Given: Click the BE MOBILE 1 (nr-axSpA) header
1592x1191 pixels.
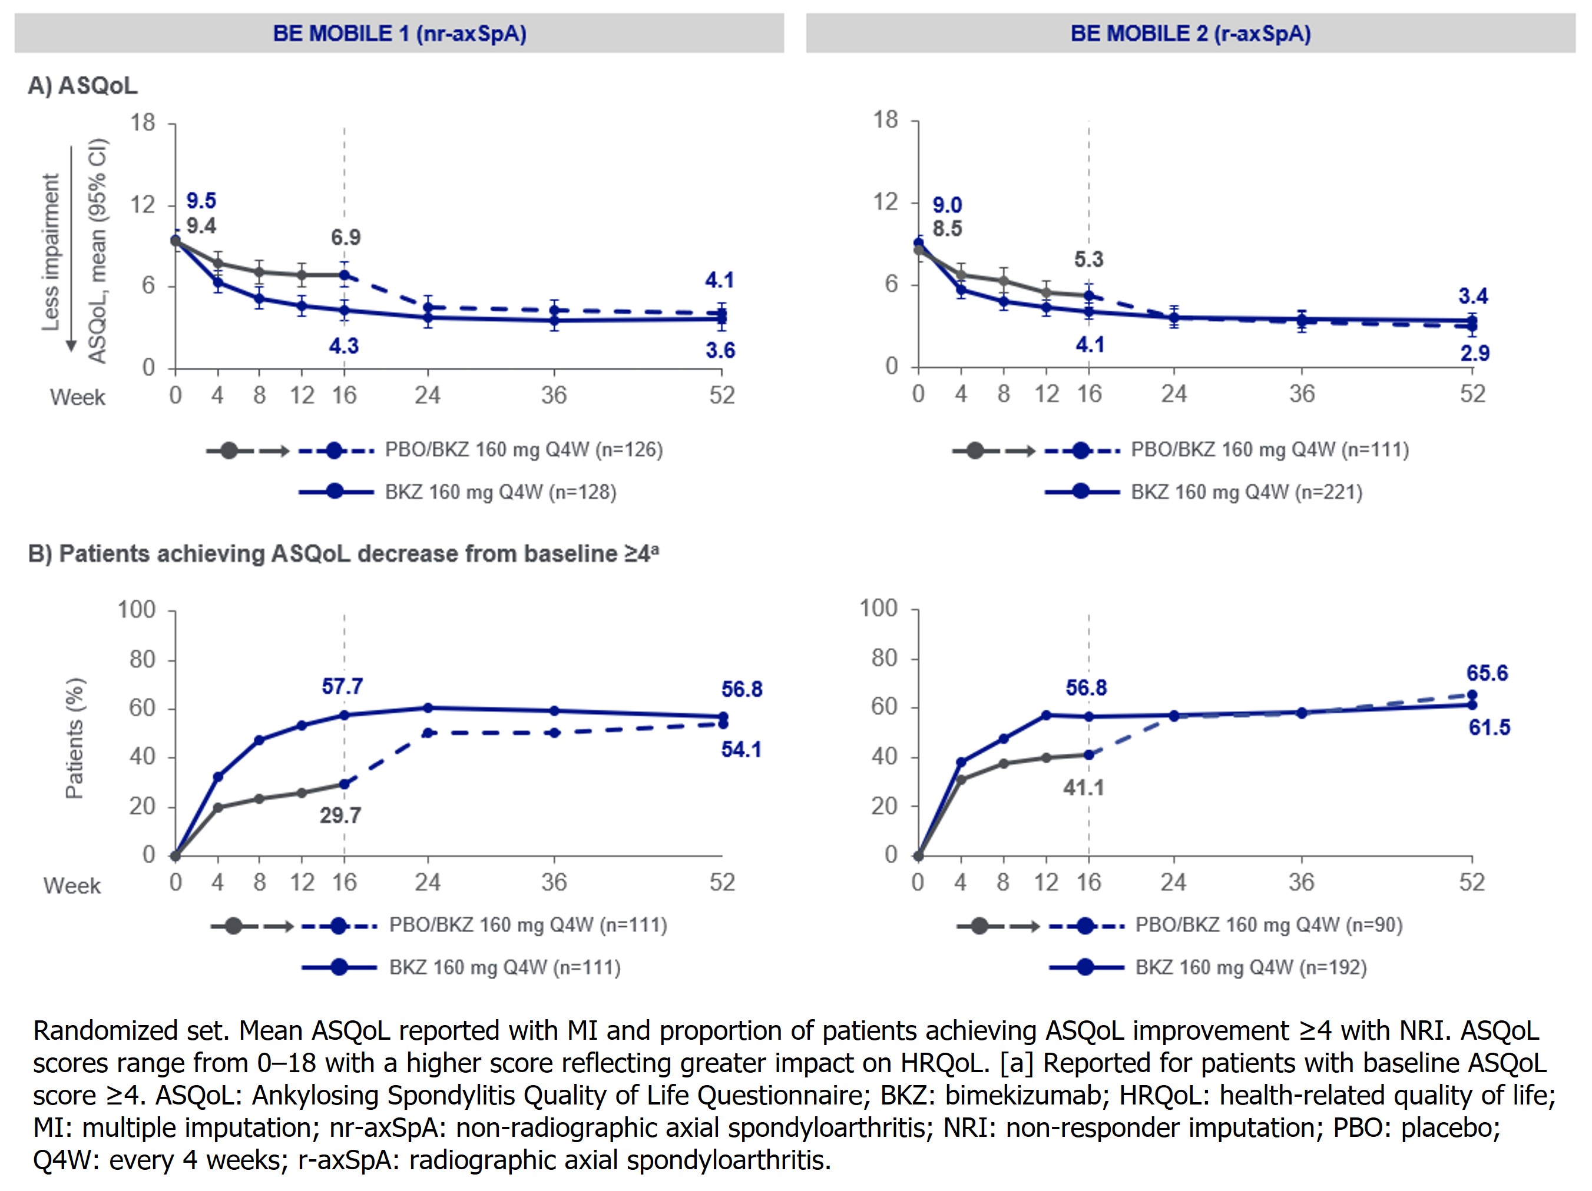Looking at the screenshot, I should pyautogui.click(x=399, y=34).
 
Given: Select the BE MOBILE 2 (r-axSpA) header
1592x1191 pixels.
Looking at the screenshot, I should pyautogui.click(x=1190, y=34).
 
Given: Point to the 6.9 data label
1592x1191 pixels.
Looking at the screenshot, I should pyautogui.click(x=346, y=237).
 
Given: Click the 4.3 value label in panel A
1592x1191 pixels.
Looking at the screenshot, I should pyautogui.click(x=343, y=346).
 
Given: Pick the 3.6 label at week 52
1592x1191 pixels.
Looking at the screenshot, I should pyautogui.click(x=720, y=350).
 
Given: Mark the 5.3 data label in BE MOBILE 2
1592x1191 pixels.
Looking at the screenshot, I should pyautogui.click(x=1088, y=259).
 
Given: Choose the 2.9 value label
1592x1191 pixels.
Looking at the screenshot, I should pyautogui.click(x=1474, y=353).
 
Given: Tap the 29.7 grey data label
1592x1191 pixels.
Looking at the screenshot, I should pyautogui.click(x=340, y=815).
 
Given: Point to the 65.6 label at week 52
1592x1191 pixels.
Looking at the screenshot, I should pyautogui.click(x=1487, y=673).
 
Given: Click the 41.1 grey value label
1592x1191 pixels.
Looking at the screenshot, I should pyautogui.click(x=1083, y=787).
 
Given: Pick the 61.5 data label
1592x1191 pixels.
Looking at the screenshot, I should pyautogui.click(x=1489, y=727).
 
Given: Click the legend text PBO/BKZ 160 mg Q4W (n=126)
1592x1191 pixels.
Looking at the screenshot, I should pyautogui.click(x=523, y=450).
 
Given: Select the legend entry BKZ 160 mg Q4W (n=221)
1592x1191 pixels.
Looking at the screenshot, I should pyautogui.click(x=1246, y=492).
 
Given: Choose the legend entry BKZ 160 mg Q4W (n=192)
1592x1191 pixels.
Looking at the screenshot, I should pyautogui.click(x=1251, y=967).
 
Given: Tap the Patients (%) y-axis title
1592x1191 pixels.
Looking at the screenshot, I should pyautogui.click(x=75, y=738).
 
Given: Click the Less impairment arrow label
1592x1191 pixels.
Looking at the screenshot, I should pyautogui.click(x=51, y=252).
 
